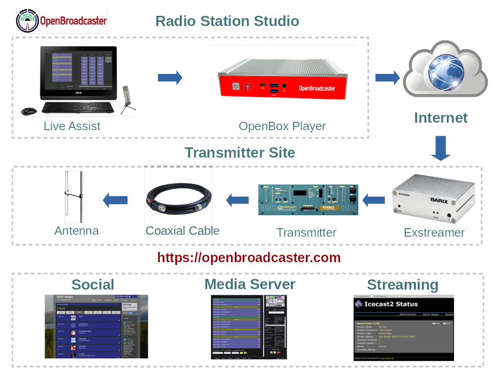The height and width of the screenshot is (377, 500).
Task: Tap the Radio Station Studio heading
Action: click(227, 21)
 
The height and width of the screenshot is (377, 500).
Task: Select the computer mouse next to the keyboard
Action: click(29, 111)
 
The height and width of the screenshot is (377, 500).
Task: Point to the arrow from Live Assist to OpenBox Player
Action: click(170, 78)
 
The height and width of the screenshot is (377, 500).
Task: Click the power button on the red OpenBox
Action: click(236, 86)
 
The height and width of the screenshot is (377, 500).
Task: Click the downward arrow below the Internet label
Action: click(441, 148)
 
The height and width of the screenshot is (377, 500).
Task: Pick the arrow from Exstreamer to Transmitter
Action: click(374, 200)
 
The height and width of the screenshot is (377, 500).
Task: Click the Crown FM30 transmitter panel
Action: click(308, 200)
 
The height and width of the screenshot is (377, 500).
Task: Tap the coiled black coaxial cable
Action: click(178, 200)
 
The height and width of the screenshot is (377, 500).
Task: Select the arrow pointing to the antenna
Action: click(115, 200)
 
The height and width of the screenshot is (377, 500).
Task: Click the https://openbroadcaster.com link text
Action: click(249, 258)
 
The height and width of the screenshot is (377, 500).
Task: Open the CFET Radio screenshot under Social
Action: click(96, 326)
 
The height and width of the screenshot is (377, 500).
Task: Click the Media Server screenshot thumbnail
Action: click(249, 326)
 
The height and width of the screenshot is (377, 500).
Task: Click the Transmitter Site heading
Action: click(240, 152)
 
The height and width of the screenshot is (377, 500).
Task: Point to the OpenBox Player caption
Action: click(282, 126)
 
